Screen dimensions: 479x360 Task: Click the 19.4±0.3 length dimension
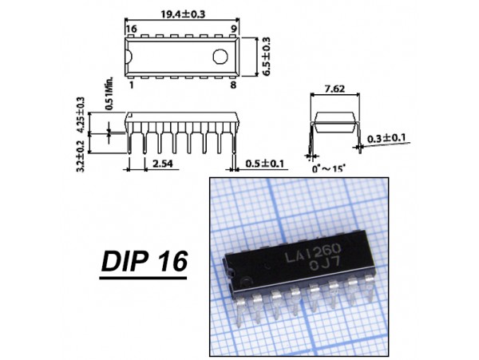pos(183,14)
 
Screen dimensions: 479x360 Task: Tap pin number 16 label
pos(132,29)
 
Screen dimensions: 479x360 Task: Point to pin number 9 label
pos(234,29)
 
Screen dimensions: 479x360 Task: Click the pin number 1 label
pos(132,85)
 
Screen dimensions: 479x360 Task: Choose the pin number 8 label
pos(233,85)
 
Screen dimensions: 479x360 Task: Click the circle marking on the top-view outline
pos(220,57)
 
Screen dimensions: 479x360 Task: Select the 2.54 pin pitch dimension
pos(163,164)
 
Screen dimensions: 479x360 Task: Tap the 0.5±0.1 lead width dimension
pos(264,164)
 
